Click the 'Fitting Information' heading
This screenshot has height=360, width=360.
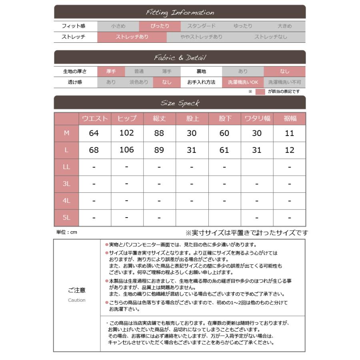180,12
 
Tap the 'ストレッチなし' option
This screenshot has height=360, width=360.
270,37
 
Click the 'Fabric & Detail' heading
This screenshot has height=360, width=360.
180,58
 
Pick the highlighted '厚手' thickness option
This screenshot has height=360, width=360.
111,72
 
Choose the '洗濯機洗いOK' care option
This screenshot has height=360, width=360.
243,82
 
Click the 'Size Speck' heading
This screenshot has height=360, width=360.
180,103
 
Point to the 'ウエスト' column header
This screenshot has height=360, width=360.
94,119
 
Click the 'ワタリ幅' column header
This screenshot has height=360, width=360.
257,119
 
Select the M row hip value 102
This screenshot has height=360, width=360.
127,133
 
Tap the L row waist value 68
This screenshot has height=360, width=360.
94,150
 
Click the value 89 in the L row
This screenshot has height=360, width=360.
159,150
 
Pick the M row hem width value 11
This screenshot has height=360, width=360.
289,133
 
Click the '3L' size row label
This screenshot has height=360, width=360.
66,184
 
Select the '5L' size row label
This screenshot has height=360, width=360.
66,218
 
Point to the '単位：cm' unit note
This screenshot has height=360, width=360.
66,232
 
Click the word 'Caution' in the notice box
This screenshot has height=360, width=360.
76,300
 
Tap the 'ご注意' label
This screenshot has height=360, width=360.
76,290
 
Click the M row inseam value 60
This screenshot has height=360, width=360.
224,133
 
